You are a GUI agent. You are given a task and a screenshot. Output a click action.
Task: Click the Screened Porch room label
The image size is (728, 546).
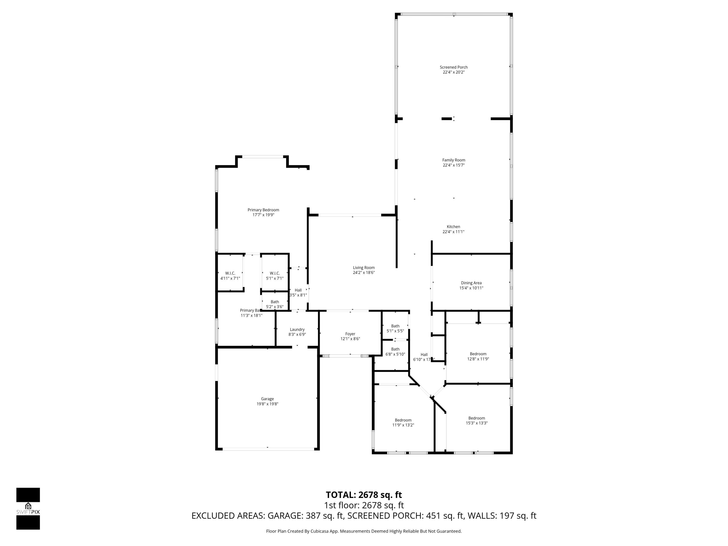pos(454,67)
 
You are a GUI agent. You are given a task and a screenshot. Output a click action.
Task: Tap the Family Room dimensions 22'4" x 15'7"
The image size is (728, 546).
pos(454,165)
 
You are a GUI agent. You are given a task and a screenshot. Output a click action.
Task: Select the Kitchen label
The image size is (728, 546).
pos(453,227)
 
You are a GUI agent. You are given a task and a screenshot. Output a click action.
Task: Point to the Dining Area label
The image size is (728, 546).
pos(471,283)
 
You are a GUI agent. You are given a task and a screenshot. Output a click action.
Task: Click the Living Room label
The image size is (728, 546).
pos(364,268)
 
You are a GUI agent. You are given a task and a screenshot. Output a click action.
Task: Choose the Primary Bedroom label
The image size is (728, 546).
pos(263,210)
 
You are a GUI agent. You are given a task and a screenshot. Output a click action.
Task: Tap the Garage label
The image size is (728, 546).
pos(267,399)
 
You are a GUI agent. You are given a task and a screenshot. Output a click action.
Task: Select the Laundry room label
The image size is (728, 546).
pos(297,330)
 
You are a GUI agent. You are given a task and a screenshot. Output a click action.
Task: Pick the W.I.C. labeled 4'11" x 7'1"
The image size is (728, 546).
pos(230,276)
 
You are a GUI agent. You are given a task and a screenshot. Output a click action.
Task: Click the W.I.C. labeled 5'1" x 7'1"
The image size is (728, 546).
pos(274,276)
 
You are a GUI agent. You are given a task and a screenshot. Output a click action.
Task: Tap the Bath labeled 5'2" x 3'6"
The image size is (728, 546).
pos(274,304)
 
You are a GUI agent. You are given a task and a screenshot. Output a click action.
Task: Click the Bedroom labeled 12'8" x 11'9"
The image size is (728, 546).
pos(478,356)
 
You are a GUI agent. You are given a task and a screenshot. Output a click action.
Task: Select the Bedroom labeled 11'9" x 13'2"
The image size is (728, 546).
pos(403,422)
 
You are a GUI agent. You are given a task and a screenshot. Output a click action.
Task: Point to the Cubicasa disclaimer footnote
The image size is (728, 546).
pos(364,531)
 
